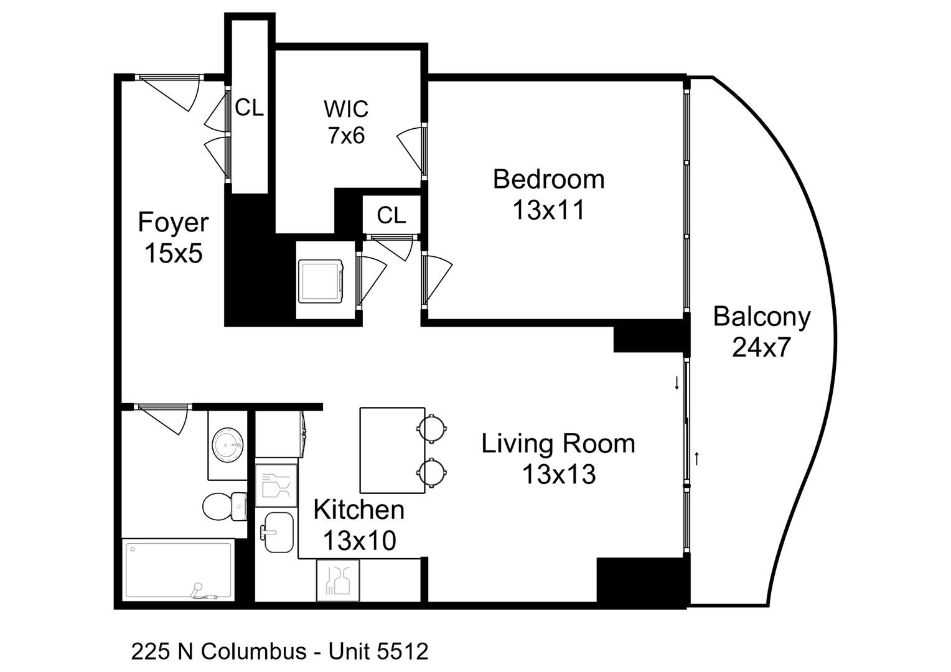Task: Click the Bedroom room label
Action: click(x=548, y=179)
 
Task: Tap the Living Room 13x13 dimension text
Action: click(x=558, y=475)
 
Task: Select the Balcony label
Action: click(x=761, y=316)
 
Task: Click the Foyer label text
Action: click(x=173, y=222)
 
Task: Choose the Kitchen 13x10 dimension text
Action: click(x=359, y=541)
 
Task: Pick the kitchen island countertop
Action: click(x=392, y=450)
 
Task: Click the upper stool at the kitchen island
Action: click(x=431, y=428)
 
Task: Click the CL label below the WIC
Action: click(x=391, y=215)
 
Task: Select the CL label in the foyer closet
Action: click(x=249, y=108)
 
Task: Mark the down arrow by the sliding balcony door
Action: click(x=677, y=383)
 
